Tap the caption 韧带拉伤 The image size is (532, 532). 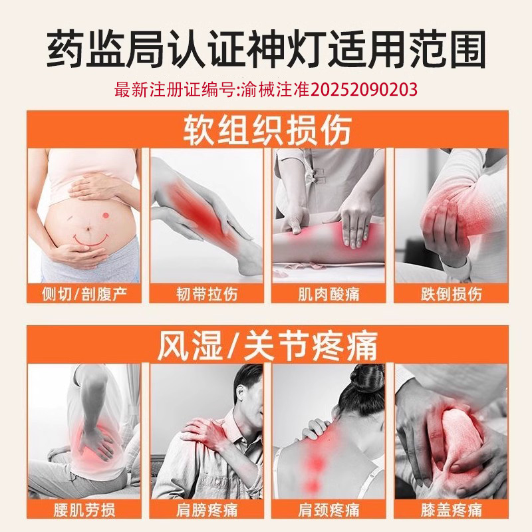(x=207, y=293)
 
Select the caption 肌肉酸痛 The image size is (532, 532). (x=329, y=293)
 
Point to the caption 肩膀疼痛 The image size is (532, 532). (x=207, y=510)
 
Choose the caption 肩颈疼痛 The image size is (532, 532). (x=329, y=510)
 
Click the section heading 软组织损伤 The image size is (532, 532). (x=266, y=130)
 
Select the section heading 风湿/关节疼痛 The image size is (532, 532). (x=266, y=346)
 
